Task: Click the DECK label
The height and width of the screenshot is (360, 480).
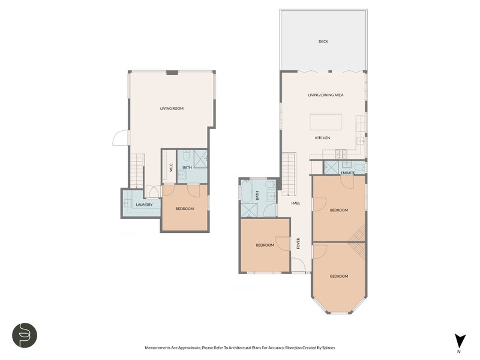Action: pos(323,41)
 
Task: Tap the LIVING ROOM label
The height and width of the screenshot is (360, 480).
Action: pos(172,109)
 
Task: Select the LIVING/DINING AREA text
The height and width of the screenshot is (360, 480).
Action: pos(326,95)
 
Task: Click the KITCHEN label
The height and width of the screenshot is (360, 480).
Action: pos(323,138)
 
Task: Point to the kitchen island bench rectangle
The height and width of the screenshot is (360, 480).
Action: pos(326,122)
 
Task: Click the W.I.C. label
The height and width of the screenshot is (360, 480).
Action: pos(171,167)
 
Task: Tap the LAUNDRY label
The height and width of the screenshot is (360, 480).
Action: pos(144,205)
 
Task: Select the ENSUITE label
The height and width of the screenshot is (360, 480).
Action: pos(348,173)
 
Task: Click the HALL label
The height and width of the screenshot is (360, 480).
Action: pos(296,203)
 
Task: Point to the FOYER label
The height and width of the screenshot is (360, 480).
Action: pos(298,244)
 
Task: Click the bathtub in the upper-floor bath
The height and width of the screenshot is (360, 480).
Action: pos(247,191)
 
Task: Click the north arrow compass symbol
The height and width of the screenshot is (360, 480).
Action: pos(460,341)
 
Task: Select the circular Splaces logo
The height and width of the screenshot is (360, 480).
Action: pos(25,335)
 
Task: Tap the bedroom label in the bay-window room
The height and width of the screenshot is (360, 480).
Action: pos(339,277)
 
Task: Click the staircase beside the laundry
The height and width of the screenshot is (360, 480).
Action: pos(137,171)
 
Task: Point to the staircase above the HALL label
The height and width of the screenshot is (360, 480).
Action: pos(289,174)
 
